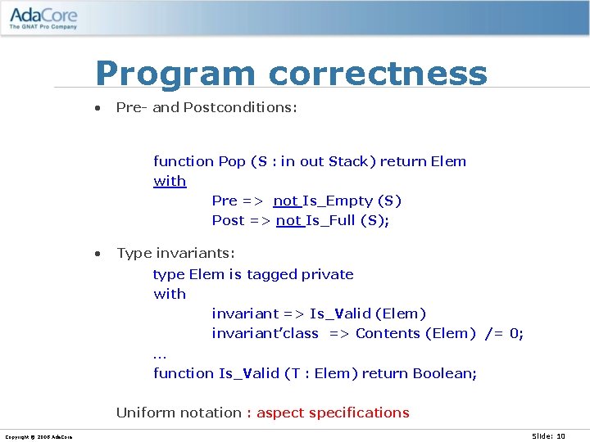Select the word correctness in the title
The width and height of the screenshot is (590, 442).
pyautogui.click(x=378, y=74)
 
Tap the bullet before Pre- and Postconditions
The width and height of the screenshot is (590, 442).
pyautogui.click(x=98, y=108)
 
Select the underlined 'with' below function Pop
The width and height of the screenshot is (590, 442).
pyautogui.click(x=170, y=181)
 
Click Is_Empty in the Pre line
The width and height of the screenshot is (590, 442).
pyautogui.click(x=337, y=201)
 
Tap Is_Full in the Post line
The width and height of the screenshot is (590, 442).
pyautogui.click(x=332, y=220)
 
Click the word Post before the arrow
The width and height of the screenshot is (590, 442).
pyautogui.click(x=228, y=220)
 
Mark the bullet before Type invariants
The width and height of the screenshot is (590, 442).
pyautogui.click(x=98, y=254)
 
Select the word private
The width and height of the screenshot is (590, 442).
pyautogui.click(x=327, y=274)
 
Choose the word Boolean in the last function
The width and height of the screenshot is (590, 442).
pyautogui.click(x=444, y=373)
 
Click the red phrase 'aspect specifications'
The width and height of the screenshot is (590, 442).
pyautogui.click(x=333, y=413)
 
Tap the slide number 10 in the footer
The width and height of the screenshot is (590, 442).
pyautogui.click(x=560, y=435)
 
